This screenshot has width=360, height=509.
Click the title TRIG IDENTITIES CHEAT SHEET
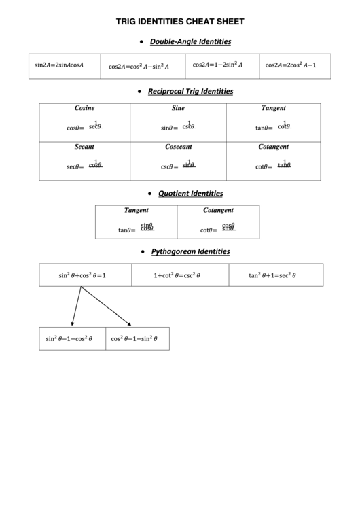pos(180,22)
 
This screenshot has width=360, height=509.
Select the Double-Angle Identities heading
pos(190,41)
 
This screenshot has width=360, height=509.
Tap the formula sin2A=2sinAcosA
pos(59,65)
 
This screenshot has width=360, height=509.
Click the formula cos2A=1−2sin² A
pos(217,65)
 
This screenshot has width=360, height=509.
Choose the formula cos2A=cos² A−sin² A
pos(139,67)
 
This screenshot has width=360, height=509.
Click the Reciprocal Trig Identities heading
pos(190,91)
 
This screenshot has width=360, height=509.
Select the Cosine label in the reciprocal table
pos(84,108)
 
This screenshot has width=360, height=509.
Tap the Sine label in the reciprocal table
pos(179,108)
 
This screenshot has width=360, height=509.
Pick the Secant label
pos(84,147)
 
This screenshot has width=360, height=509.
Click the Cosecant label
pos(179,147)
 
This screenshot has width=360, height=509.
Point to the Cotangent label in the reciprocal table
pos(274,147)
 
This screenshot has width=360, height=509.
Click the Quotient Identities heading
pos(190,194)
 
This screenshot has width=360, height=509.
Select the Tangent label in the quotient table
pos(136,211)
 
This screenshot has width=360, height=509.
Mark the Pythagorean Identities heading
pos(190,251)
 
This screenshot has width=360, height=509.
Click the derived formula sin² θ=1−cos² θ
pos(69,338)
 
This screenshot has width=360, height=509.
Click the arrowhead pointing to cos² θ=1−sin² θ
pos(128,323)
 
